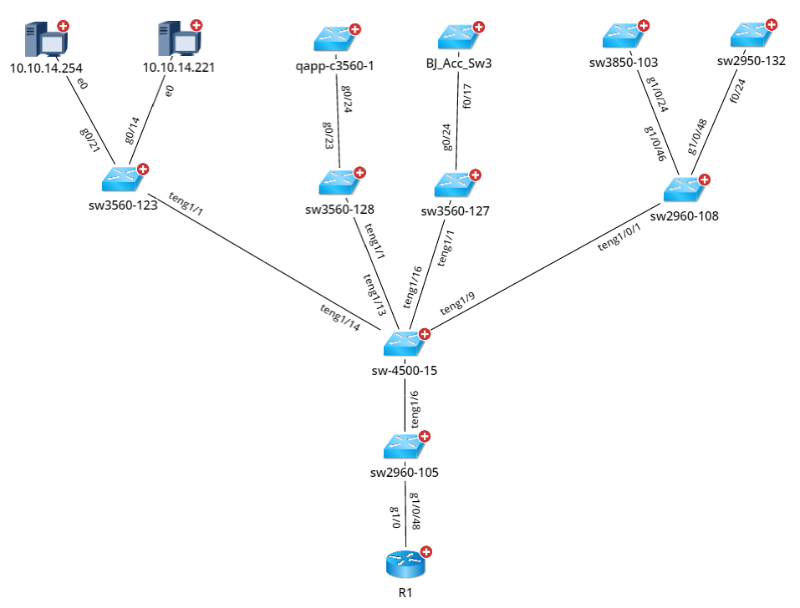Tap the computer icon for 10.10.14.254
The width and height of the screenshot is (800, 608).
[x=42, y=40]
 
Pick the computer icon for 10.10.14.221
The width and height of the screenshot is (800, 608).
[x=176, y=40]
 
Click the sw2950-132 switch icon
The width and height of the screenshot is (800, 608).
[x=750, y=36]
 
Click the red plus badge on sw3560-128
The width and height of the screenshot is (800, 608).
[x=359, y=173]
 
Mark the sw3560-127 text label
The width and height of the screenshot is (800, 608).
[x=456, y=211]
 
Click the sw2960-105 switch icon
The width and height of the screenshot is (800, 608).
[x=405, y=448]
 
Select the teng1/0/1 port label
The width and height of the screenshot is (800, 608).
[x=620, y=237]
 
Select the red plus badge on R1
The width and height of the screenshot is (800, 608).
[x=426, y=551]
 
